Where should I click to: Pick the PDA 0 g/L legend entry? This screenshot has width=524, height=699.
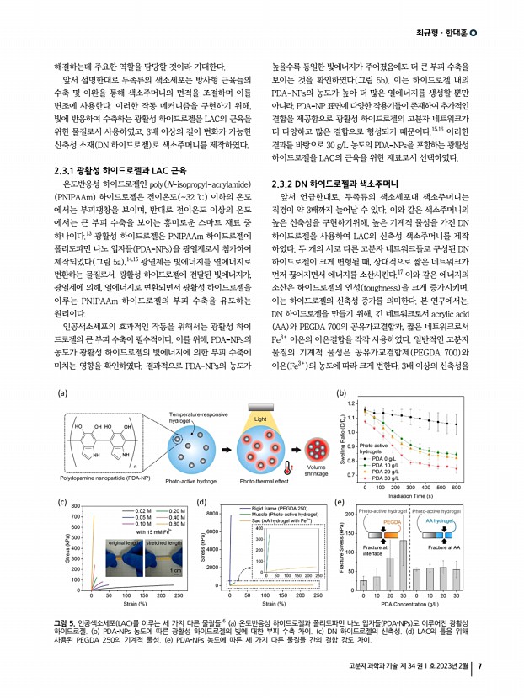pyautogui.click(x=372, y=459)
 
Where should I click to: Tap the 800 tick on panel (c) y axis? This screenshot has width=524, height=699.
pyautogui.click(x=76, y=507)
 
